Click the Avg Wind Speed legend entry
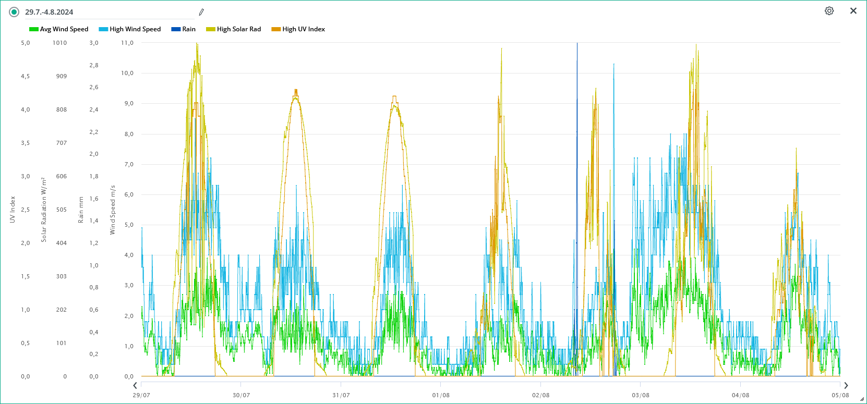[x=59, y=29]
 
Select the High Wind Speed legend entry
[x=130, y=29]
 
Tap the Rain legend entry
[x=184, y=29]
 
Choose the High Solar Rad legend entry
[x=234, y=29]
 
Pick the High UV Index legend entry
[x=298, y=29]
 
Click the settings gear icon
[x=829, y=11]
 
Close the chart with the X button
[x=853, y=11]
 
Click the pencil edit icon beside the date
[x=201, y=12]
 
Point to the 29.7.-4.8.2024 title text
[x=49, y=12]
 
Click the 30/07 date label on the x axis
[x=241, y=395]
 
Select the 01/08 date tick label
[x=441, y=395]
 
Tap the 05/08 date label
[x=840, y=395]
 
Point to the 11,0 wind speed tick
[x=127, y=43]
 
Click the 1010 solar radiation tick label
[x=59, y=43]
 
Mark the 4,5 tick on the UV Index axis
[x=26, y=76]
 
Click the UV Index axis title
[x=13, y=210]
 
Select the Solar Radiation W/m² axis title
[x=44, y=210]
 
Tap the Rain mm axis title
[x=81, y=210]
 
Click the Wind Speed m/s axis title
[x=112, y=210]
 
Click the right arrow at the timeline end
[x=846, y=386]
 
